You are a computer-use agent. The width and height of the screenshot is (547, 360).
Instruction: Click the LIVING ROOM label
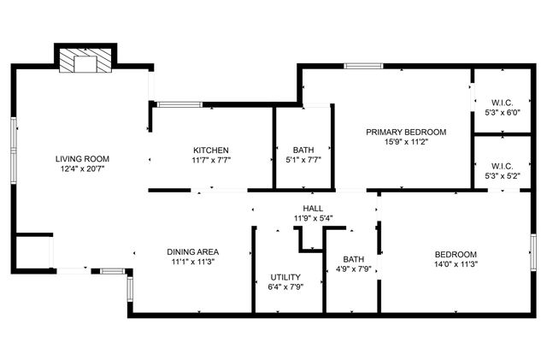(83, 159)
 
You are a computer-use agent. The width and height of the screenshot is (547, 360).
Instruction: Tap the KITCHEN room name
(210, 150)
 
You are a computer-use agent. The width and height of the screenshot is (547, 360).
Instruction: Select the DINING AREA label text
(193, 251)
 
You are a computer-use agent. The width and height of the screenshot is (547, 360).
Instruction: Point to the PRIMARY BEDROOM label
(406, 132)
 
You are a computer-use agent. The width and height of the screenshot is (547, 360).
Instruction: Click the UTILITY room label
(285, 277)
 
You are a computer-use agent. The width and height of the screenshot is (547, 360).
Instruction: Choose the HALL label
(313, 209)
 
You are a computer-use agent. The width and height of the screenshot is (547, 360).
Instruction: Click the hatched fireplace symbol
(85, 61)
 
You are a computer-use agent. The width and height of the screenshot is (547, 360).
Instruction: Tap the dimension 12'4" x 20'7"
(83, 169)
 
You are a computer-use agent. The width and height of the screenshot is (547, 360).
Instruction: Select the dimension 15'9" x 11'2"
(406, 142)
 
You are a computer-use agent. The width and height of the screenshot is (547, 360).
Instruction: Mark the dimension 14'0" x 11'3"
(456, 264)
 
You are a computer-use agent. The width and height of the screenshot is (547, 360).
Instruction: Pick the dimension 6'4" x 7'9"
(285, 287)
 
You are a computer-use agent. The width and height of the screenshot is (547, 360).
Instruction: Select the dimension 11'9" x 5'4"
(313, 219)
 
